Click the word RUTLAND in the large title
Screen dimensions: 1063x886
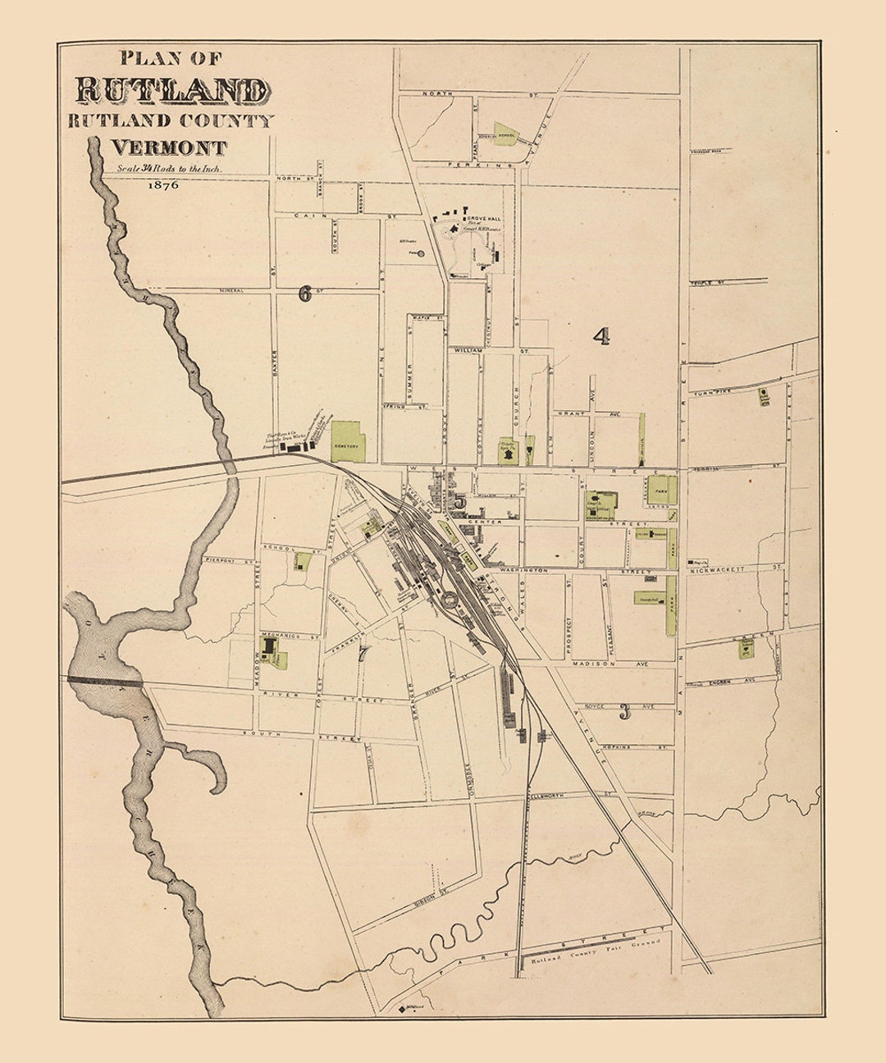tap(171, 90)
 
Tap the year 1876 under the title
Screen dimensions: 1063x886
tap(163, 185)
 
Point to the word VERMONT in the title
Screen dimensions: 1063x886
tap(169, 148)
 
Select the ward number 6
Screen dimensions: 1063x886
tap(305, 294)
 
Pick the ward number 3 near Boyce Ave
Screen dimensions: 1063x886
tap(625, 711)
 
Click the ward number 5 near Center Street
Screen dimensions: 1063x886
tap(460, 502)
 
